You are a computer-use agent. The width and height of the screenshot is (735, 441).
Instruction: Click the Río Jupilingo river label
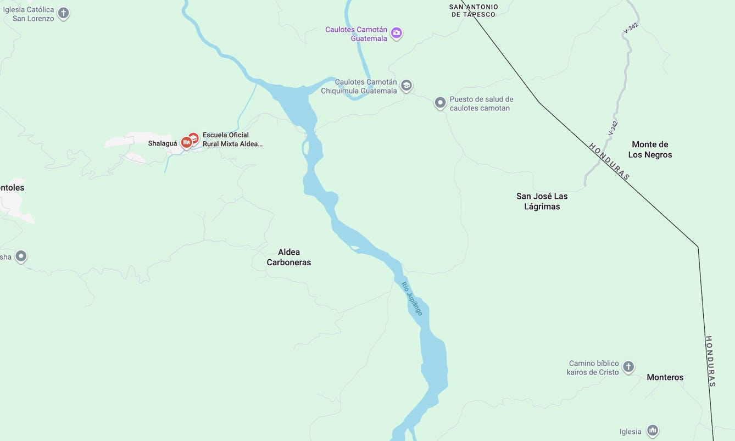click(411, 298)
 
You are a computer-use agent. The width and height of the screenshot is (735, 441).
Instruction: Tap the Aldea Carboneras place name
click(289, 257)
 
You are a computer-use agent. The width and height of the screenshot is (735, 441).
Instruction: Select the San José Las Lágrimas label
click(542, 201)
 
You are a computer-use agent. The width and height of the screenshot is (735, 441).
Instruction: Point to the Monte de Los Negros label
click(650, 149)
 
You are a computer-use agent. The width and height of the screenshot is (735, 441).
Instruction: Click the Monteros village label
click(665, 377)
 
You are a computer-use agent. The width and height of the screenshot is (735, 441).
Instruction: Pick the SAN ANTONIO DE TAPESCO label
click(474, 10)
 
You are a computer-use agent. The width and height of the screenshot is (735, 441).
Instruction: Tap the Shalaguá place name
click(163, 143)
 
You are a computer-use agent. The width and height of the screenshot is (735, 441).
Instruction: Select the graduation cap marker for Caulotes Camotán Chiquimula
click(406, 86)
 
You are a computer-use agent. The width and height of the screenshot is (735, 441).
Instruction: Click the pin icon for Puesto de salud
click(440, 103)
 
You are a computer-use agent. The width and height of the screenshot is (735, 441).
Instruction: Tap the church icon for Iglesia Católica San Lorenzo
click(64, 13)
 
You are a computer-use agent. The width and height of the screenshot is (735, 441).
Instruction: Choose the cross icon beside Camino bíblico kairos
click(628, 367)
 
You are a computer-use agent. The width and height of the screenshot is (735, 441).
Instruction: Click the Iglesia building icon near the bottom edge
click(653, 431)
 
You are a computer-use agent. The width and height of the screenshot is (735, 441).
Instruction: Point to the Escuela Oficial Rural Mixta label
click(232, 139)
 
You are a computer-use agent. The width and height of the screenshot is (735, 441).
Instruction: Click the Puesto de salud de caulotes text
click(481, 104)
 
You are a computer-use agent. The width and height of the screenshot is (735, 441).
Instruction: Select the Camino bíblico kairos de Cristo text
click(593, 367)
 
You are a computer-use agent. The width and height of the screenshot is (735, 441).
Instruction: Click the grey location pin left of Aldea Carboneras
click(21, 256)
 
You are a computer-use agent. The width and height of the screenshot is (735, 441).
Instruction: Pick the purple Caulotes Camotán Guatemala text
click(356, 34)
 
